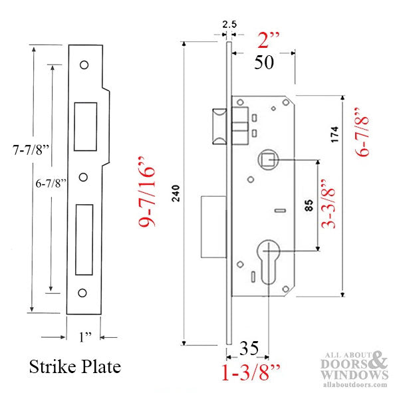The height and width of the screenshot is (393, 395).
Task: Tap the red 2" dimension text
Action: [x=272, y=43]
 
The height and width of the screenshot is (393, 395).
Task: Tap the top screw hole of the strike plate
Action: [x=84, y=66]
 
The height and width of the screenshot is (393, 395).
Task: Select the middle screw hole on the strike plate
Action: [x=84, y=176]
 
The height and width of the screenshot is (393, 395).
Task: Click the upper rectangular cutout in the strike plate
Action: [x=84, y=126]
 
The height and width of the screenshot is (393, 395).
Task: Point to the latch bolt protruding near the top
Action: [x=218, y=126]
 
